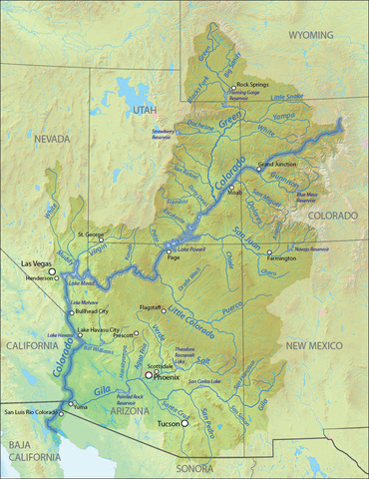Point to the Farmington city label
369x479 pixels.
(281, 258)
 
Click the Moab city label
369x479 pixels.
(236, 194)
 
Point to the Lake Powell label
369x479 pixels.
(184, 246)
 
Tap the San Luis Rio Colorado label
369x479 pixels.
(31, 411)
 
